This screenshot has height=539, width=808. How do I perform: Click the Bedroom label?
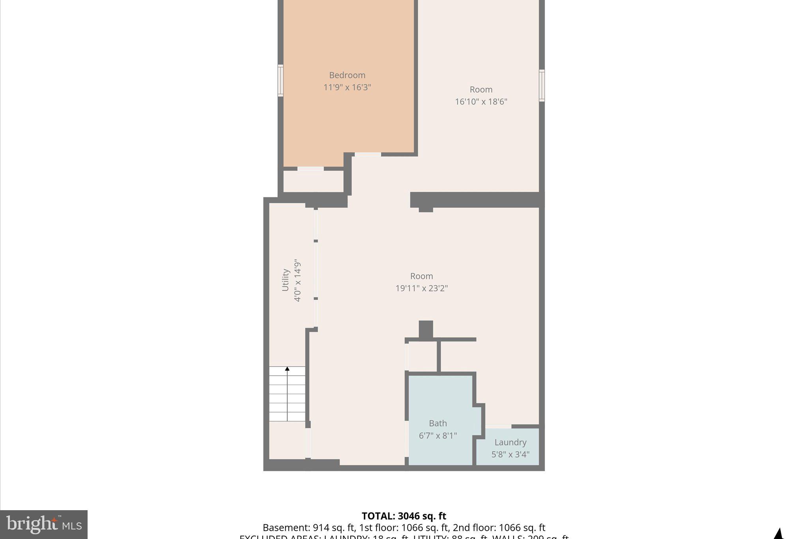[x=347, y=75]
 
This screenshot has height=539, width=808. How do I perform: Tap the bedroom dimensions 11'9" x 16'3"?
[x=347, y=87]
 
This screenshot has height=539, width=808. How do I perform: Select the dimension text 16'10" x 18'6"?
[x=481, y=101]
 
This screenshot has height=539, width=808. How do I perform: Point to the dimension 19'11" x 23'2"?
[x=421, y=288]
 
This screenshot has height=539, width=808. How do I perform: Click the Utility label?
[x=286, y=280]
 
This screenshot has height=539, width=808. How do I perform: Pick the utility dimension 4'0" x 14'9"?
[x=297, y=281]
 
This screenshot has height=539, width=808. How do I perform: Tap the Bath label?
[x=438, y=423]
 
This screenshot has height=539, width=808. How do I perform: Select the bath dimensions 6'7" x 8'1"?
[x=438, y=436]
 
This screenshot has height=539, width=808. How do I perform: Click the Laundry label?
[x=510, y=442]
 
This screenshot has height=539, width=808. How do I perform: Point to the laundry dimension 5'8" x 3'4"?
[x=510, y=454]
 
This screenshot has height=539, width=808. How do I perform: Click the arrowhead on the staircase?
[x=287, y=369]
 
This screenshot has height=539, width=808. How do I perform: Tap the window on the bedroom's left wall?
[x=281, y=81]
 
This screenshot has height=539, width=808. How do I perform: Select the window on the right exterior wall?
[x=542, y=86]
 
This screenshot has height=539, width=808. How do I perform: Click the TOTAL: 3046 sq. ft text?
[x=404, y=516]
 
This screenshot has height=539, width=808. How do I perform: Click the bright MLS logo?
[x=44, y=524]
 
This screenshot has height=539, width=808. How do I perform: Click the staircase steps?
[x=287, y=395]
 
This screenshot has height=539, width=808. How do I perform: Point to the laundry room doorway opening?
[x=498, y=426]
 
